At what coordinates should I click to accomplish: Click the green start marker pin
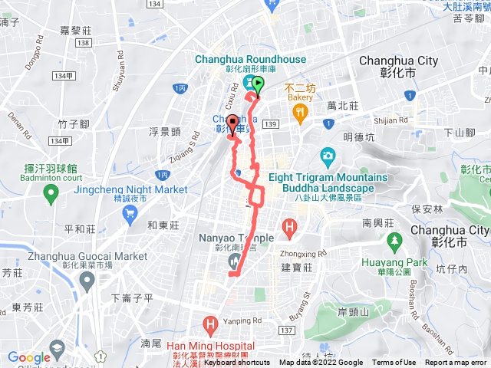click(258, 86)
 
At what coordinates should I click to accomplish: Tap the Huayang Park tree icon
click(395, 242)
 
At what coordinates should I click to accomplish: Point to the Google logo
click(28, 357)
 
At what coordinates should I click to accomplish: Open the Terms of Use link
click(394, 363)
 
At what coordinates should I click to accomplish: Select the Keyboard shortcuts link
click(238, 363)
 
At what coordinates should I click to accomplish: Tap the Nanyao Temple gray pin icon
click(233, 262)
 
